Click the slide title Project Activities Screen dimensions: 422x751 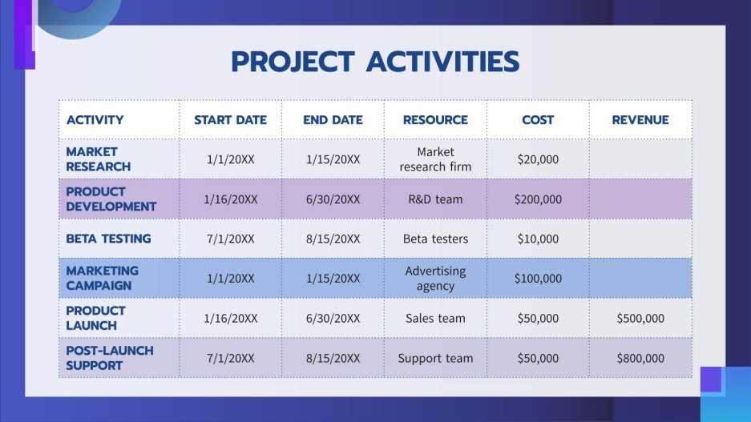375,62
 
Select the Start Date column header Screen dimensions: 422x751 230,120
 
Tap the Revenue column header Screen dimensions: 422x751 640,120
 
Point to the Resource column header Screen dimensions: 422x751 435,120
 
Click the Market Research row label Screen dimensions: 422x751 98,159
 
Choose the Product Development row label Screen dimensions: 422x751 111,199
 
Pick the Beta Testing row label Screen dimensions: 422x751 108,239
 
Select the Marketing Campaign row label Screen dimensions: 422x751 102,278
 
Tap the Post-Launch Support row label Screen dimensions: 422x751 109,358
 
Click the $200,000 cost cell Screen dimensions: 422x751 538,199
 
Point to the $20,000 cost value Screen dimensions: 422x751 538,159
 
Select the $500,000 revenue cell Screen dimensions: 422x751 640,319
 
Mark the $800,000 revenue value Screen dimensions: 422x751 640,359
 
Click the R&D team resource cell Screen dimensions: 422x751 435,199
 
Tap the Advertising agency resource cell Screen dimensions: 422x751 435,278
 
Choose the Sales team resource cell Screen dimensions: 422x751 435,319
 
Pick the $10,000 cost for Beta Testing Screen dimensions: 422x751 538,239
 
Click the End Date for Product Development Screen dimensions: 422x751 333,199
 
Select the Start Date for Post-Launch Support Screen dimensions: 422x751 230,359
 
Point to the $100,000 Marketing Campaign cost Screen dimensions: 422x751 538,279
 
